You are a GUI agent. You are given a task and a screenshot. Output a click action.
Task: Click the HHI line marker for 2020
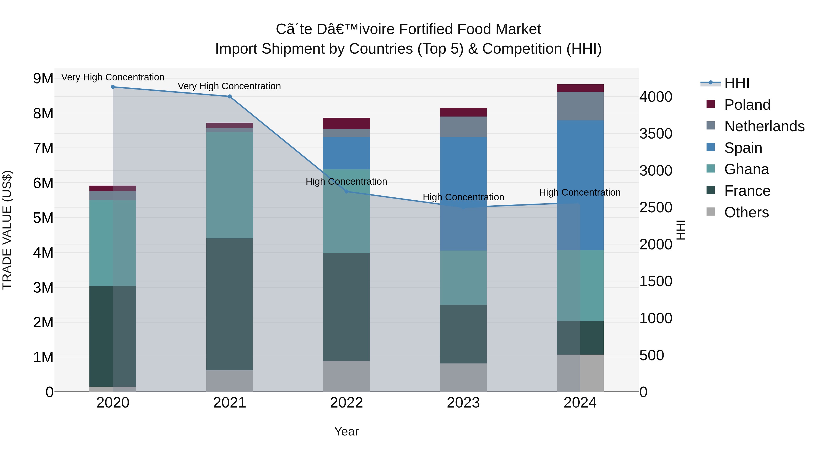(x=113, y=87)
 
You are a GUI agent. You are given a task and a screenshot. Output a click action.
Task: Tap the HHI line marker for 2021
(x=230, y=97)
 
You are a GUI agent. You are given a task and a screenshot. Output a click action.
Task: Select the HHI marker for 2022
(x=346, y=191)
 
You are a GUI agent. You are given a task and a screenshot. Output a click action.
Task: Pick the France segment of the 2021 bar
(x=230, y=304)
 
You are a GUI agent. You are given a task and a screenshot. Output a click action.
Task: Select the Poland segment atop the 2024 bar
(x=580, y=88)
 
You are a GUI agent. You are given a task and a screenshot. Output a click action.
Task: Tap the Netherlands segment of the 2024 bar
(x=580, y=106)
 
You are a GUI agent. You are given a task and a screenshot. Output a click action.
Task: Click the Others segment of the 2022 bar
(x=346, y=376)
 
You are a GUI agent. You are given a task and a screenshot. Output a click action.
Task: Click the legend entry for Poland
(x=747, y=105)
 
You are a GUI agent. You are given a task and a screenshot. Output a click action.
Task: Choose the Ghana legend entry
(x=746, y=169)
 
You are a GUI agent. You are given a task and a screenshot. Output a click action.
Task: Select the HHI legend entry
(x=736, y=83)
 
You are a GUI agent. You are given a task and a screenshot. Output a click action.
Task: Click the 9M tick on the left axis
(x=43, y=78)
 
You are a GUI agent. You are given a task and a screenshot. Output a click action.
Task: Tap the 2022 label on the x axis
(x=346, y=403)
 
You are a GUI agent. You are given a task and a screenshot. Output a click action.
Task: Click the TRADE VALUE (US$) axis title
(x=7, y=230)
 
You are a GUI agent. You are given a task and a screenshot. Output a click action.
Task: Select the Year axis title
(x=346, y=431)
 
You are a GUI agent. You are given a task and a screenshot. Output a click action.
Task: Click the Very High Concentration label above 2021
(x=229, y=86)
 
